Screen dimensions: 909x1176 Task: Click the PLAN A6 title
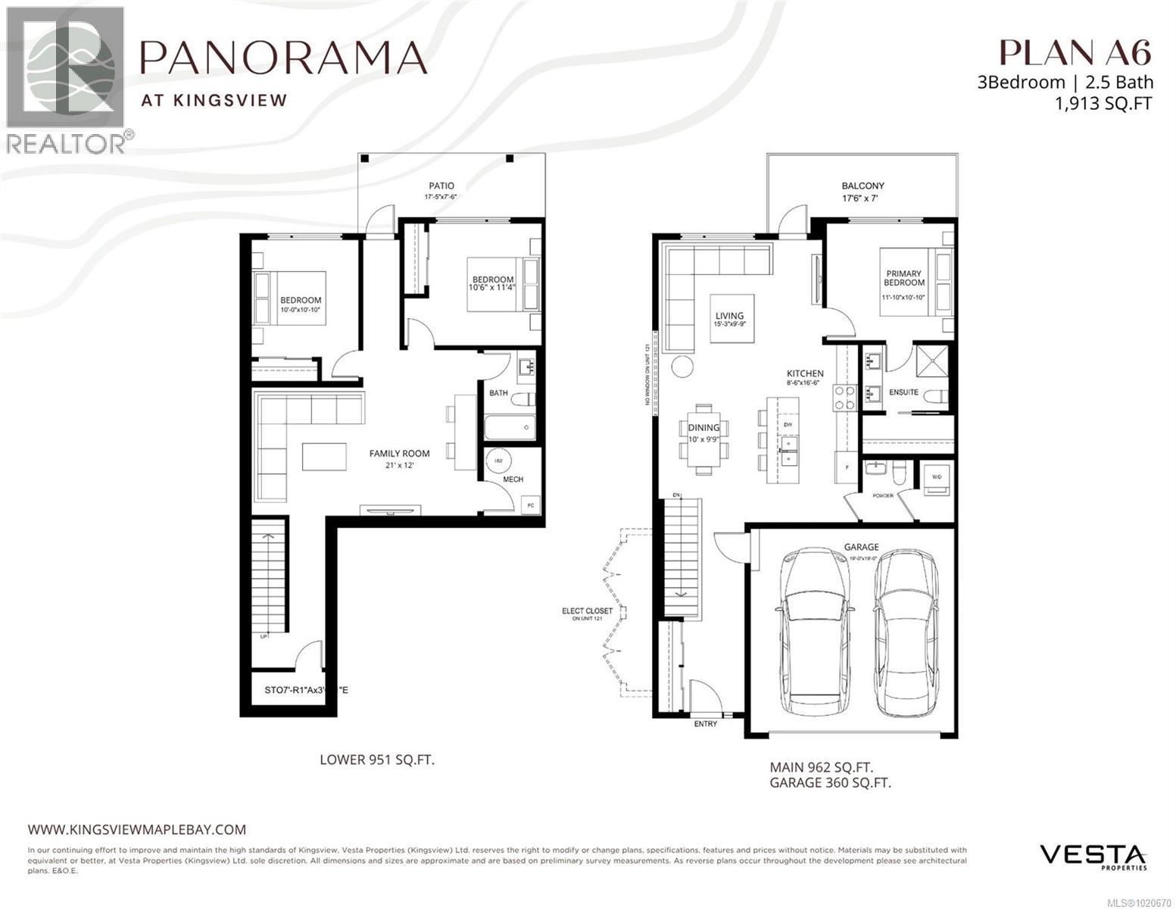(x=1075, y=52)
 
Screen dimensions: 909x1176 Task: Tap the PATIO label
(x=441, y=186)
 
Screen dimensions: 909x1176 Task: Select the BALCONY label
(x=863, y=186)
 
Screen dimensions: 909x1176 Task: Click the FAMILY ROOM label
(x=399, y=454)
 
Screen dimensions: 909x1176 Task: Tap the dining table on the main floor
(x=703, y=438)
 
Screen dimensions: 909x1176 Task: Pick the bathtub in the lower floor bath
(x=510, y=428)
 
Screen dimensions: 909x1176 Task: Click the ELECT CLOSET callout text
(x=587, y=611)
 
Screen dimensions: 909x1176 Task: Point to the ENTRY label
(x=705, y=724)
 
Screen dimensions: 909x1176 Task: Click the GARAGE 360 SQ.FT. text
(x=830, y=782)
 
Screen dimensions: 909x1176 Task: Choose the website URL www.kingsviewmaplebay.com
(x=137, y=829)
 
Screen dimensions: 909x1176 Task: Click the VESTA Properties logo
(x=1093, y=856)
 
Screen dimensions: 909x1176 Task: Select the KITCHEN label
(x=804, y=373)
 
